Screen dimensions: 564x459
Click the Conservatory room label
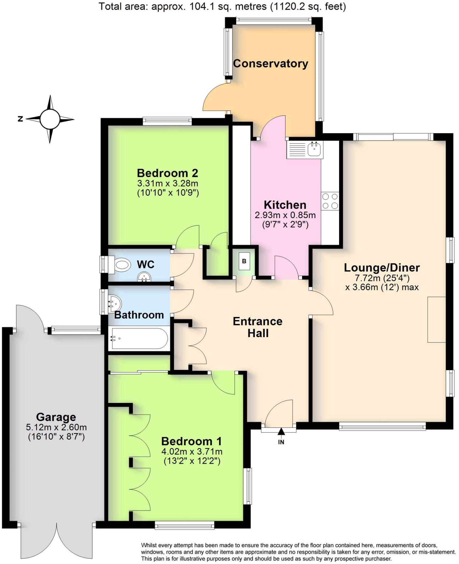(270, 64)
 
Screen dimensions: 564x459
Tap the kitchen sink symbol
(314, 150)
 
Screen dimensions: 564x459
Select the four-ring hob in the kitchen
(330, 201)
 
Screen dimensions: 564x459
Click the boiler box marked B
(244, 261)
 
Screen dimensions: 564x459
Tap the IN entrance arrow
(281, 432)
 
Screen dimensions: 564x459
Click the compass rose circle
(50, 119)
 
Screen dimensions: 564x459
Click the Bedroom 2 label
(167, 173)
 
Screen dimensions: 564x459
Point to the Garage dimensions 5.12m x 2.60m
(56, 427)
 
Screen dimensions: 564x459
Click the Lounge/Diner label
(382, 268)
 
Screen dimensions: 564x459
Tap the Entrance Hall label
(258, 327)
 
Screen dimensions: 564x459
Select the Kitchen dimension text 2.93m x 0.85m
(285, 215)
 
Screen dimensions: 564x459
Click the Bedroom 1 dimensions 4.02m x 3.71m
(192, 451)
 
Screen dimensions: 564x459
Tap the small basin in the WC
(144, 277)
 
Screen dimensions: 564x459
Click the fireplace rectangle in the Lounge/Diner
(436, 319)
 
